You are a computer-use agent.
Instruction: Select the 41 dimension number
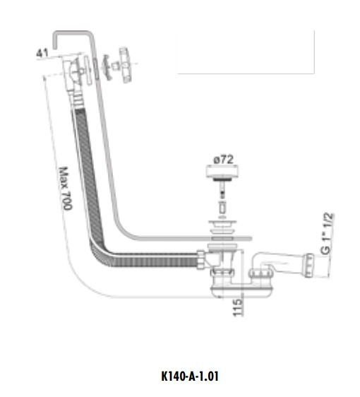tap(42, 52)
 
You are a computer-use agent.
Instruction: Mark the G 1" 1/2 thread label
tap(326, 236)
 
